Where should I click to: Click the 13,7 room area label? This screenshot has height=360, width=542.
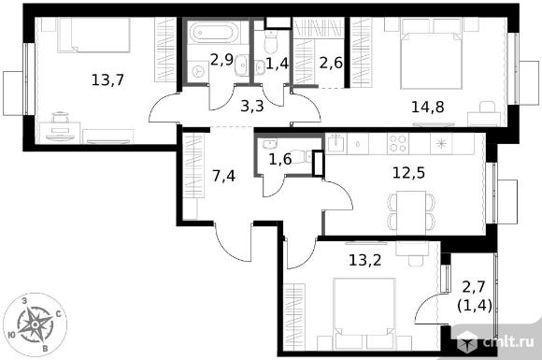point(107,80)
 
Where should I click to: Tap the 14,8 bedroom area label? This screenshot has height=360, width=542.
point(428,108)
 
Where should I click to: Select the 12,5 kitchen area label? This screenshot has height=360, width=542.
point(408,173)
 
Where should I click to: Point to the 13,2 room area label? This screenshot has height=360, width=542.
point(365,260)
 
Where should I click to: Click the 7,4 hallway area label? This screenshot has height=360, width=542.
point(223,176)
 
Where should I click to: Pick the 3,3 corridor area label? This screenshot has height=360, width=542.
point(252,107)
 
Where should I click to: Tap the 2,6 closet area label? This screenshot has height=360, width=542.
point(331,63)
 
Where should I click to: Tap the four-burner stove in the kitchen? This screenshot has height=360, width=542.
point(397,143)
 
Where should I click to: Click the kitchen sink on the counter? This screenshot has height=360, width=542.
point(336,143)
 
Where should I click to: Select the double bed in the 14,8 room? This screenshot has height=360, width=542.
point(431,54)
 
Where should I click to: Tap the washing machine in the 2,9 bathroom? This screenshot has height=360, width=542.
point(198,72)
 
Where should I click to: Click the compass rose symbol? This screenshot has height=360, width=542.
point(35,324)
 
